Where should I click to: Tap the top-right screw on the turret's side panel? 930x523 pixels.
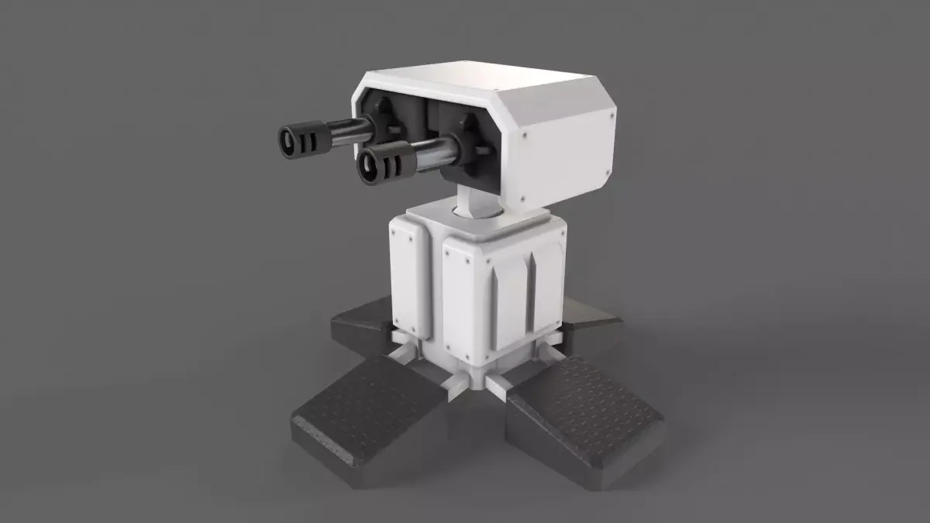(612, 114)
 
